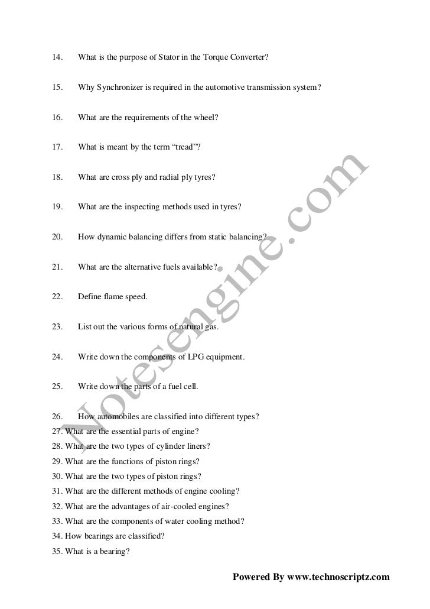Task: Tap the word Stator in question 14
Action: click(x=168, y=57)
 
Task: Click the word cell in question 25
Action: click(x=189, y=387)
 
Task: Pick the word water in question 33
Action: click(x=178, y=521)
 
